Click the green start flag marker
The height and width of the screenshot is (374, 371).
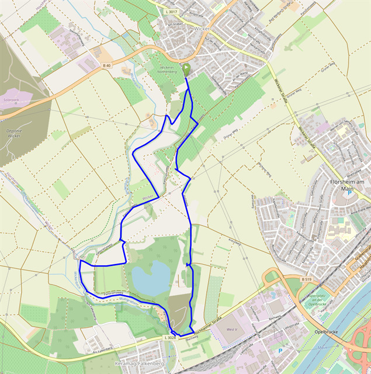186,70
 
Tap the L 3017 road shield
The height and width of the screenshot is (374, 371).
171,12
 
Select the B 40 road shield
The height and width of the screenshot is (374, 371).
106,65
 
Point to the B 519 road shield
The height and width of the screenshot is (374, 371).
307,280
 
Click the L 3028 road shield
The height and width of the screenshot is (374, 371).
170,338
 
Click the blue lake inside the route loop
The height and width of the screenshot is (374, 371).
151,277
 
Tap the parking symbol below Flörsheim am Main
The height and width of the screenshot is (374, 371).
350,194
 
